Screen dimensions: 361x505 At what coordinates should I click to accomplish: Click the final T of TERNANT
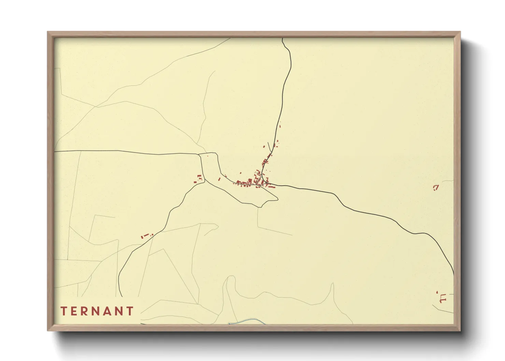click(130, 311)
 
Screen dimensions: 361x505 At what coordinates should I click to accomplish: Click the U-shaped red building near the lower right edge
click(443, 299)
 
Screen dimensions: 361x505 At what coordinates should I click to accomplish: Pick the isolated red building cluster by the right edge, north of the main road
click(435, 187)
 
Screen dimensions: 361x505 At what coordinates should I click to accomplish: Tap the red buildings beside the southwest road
click(146, 235)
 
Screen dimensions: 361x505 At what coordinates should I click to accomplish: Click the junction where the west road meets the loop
click(199, 154)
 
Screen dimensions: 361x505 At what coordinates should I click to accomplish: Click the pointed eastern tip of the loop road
click(278, 199)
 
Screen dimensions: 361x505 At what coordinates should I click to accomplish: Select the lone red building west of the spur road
click(264, 147)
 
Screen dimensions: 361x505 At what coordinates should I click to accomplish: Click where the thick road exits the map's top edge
click(283, 39)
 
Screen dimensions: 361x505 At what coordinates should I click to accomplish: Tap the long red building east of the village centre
click(271, 187)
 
